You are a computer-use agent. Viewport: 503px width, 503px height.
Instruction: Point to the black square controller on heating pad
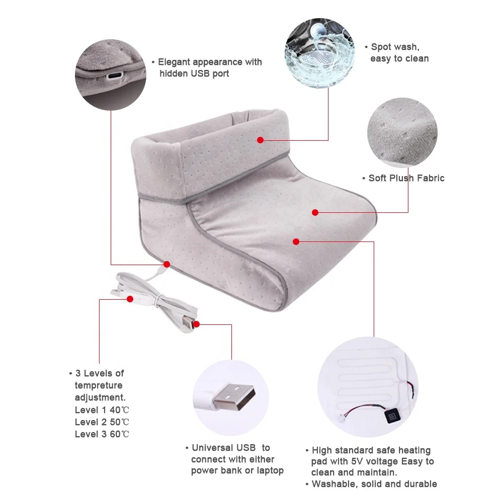[391, 415]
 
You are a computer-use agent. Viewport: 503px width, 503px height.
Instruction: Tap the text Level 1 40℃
[102, 409]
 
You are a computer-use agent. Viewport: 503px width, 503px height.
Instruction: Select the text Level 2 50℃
[102, 422]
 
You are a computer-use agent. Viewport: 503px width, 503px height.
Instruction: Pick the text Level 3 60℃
[102, 434]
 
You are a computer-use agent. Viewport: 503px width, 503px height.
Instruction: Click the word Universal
[212, 447]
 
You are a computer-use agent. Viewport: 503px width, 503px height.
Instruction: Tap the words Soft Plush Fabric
[406, 178]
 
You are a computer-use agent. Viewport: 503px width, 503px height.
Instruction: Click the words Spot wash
[395, 47]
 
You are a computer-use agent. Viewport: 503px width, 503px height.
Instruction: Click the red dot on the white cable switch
[130, 299]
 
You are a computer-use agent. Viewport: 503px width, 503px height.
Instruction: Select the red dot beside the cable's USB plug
[196, 324]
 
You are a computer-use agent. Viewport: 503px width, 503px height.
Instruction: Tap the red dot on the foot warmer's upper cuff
[260, 140]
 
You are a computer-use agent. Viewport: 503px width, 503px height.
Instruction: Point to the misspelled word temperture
[99, 385]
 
